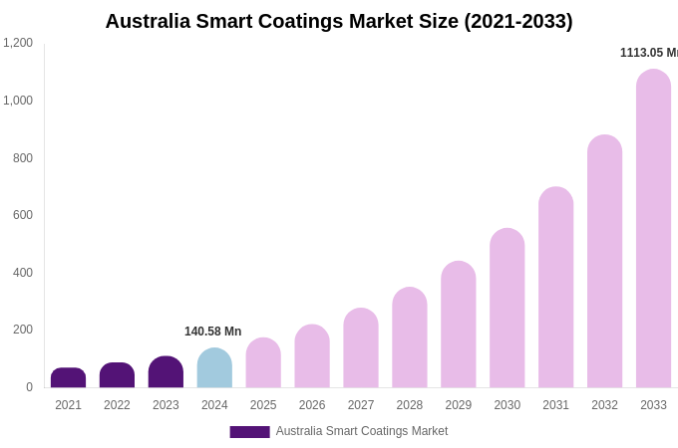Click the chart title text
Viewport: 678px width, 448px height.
(x=339, y=21)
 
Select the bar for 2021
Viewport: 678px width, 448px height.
(x=68, y=378)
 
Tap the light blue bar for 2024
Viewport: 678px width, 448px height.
(x=214, y=368)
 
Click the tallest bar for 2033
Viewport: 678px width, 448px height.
(x=653, y=229)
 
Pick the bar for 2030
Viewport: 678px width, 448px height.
(x=507, y=309)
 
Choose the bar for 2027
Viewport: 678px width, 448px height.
(x=361, y=348)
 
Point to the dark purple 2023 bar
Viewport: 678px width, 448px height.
(x=166, y=372)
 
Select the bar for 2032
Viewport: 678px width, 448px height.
(x=604, y=262)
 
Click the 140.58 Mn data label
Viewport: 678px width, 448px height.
(x=212, y=332)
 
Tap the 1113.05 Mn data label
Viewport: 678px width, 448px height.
(x=648, y=53)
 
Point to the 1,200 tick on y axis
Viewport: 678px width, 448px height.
(x=18, y=43)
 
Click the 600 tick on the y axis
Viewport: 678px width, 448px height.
(x=22, y=215)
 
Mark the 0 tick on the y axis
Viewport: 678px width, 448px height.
(x=29, y=387)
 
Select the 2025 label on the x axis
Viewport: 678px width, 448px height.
(x=263, y=405)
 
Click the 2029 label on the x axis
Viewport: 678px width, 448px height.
(x=458, y=405)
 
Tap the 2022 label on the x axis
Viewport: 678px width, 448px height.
(x=117, y=405)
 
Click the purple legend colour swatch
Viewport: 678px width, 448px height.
(x=249, y=432)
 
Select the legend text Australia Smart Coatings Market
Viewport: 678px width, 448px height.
(x=362, y=431)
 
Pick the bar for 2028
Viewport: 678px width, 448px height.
(x=409, y=338)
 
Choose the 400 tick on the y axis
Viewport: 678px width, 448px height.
(x=22, y=273)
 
